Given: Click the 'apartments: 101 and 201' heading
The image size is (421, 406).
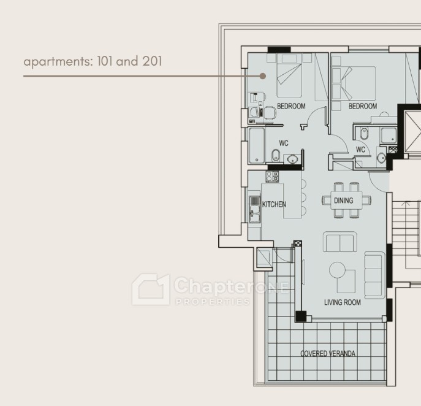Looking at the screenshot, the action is (93, 61).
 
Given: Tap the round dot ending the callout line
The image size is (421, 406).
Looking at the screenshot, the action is (263, 76).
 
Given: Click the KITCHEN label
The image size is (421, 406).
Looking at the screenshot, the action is (274, 204).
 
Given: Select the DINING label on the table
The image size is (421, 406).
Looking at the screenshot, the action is (343, 201).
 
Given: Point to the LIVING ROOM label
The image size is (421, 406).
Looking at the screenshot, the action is (343, 302).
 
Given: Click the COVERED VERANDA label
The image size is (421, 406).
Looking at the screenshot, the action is (328, 354).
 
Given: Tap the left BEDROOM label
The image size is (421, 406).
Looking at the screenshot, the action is (291, 106).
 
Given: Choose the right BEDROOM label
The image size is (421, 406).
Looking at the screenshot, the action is (363, 106).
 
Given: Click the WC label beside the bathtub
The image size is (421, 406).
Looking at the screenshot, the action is (284, 143).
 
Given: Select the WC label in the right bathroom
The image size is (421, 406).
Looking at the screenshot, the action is (360, 150).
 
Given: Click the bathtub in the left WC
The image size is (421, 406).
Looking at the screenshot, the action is (257, 145).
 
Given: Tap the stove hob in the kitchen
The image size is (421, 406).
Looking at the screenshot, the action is (272, 177).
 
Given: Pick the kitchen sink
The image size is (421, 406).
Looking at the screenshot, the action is (254, 210).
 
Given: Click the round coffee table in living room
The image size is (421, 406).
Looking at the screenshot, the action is (337, 270).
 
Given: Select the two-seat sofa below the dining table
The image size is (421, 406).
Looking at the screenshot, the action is (340, 242).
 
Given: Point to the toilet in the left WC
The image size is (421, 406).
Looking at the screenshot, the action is (276, 156).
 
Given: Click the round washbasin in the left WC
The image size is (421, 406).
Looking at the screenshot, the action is (292, 159).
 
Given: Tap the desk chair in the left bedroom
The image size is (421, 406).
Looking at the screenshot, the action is (270, 113).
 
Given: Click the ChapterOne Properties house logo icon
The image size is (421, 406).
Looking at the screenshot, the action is (151, 289).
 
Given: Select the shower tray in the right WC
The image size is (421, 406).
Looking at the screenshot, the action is (389, 135).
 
